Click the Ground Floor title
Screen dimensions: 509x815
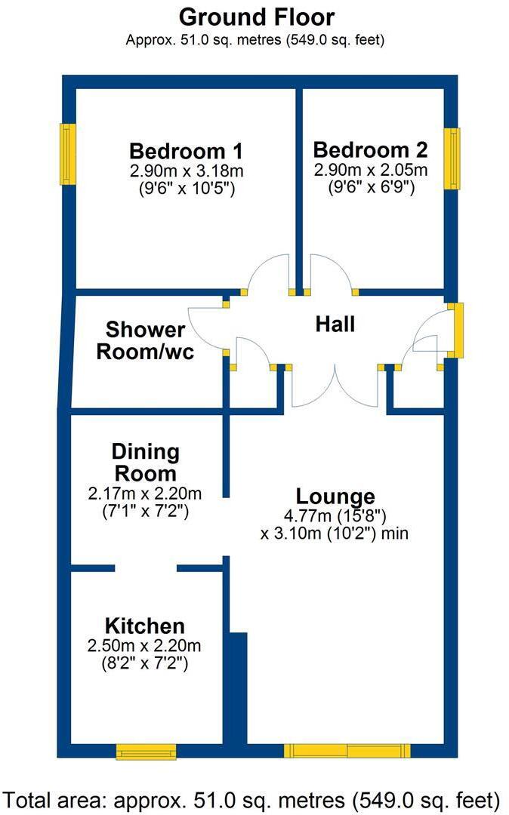pos(256,17)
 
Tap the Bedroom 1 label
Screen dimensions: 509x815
pos(186,151)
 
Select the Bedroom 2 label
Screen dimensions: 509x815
pos(370,149)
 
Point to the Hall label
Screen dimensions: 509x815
pos(335,324)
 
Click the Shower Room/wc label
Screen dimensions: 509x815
pos(145,340)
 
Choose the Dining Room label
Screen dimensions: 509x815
pos(146,463)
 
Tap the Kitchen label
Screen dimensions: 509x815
pos(144,626)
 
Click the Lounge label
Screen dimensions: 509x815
pos(335,497)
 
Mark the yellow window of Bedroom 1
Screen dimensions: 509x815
pos(68,154)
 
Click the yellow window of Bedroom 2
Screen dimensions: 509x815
pos(452,158)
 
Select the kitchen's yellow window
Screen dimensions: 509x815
pos(146,752)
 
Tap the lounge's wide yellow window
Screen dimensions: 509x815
pos(347,751)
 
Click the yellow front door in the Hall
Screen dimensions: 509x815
pos(456,331)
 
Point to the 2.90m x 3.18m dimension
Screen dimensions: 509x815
pos(186,171)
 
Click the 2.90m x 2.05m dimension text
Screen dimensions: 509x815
pos(371,170)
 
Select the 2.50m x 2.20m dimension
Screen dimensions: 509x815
pos(144,645)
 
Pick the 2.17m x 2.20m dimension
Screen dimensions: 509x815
pos(145,493)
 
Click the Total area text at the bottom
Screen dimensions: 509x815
pos(252,801)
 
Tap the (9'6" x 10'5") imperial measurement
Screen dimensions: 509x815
pos(187,188)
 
